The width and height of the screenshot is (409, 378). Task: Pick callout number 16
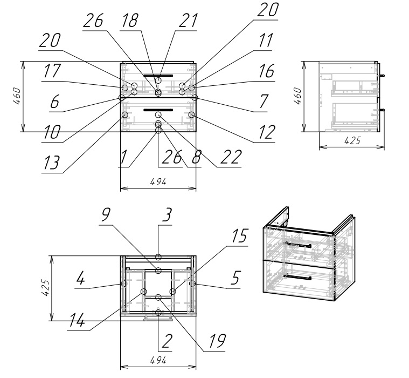pos(265,71)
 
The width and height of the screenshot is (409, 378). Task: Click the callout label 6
pos(54,103)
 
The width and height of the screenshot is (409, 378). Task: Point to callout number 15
pos(239,237)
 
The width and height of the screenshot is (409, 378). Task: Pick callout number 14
pos(77,321)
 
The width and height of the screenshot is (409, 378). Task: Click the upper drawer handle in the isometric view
pos(297,246)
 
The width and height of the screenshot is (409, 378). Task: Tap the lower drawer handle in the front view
pos(158,110)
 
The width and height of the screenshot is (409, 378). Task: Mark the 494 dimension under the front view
pos(158,182)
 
